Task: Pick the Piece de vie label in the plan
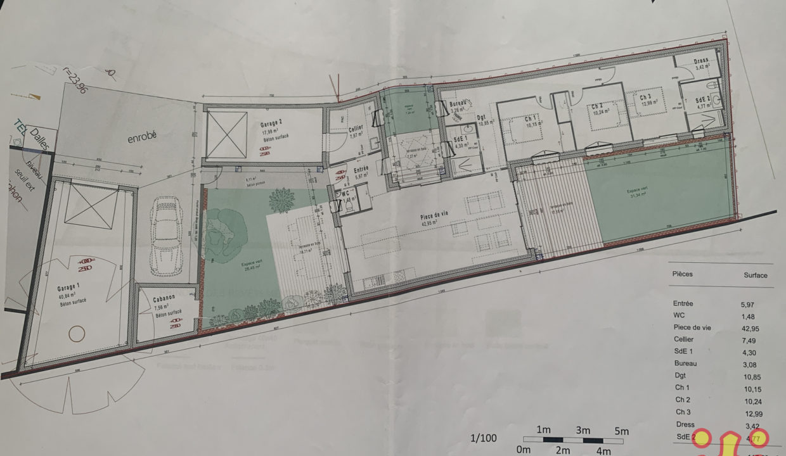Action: (x=434, y=215)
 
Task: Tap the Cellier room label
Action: (x=356, y=128)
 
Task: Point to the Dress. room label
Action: (x=701, y=61)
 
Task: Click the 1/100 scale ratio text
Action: (x=484, y=437)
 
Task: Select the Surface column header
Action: (x=755, y=275)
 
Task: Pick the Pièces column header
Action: (x=681, y=274)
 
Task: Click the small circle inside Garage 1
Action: (x=77, y=334)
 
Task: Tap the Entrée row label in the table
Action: (x=685, y=303)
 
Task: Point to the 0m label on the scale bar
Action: (x=524, y=450)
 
